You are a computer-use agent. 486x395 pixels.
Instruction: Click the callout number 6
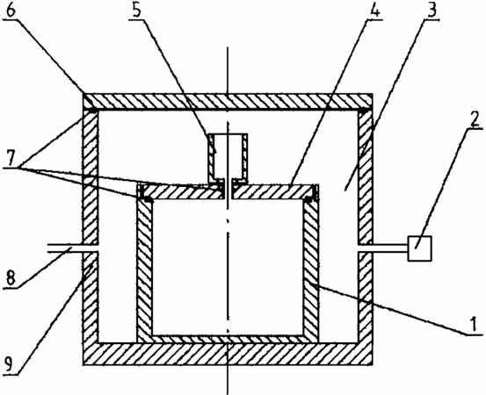[x=11, y=10]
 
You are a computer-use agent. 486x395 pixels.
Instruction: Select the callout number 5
[x=135, y=11]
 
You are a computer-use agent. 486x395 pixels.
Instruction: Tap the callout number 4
[x=374, y=11]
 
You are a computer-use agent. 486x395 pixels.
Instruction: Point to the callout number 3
[x=432, y=11]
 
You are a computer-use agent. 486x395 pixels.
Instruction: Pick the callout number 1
[x=474, y=325]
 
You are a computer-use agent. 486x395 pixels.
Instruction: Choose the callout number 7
[x=11, y=159]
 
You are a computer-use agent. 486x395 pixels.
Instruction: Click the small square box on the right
[x=420, y=248]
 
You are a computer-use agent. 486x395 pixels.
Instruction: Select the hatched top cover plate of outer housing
[x=228, y=102]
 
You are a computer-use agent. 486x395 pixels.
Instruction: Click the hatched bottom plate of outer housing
[x=228, y=354]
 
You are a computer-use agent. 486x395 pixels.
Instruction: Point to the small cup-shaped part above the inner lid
[x=228, y=158]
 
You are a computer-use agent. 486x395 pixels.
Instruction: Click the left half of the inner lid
[x=181, y=191]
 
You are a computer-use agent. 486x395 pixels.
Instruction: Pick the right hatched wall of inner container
[x=310, y=269]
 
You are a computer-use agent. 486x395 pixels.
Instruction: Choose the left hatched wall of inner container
[x=145, y=269]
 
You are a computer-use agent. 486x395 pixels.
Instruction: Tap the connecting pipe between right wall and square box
[x=390, y=248]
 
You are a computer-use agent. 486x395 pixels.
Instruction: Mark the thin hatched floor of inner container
[x=228, y=339]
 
